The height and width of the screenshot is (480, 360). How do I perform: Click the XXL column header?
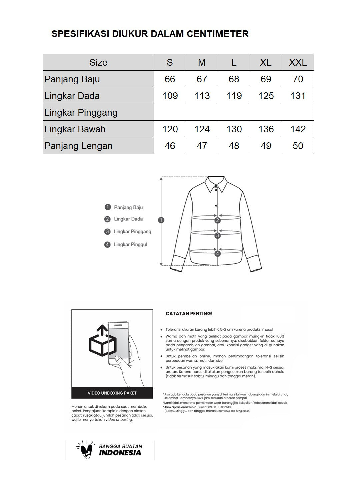pyautogui.click(x=298, y=62)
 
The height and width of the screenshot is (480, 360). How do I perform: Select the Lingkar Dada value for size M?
pyautogui.click(x=202, y=96)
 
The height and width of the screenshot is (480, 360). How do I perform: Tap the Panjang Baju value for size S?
pyautogui.click(x=170, y=79)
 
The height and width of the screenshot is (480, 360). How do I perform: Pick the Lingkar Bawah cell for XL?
pyautogui.click(x=266, y=129)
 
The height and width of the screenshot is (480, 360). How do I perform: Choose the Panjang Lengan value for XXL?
pyautogui.click(x=298, y=146)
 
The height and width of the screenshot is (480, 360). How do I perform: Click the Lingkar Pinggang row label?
pyautogui.click(x=81, y=113)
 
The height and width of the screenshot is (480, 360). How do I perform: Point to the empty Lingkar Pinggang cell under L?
pyautogui.click(x=234, y=112)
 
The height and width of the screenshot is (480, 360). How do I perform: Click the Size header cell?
pyautogui.click(x=98, y=62)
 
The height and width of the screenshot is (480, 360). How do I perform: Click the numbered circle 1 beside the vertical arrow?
pyautogui.click(x=161, y=220)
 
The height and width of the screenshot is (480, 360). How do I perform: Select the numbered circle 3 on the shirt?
pyautogui.click(x=218, y=236)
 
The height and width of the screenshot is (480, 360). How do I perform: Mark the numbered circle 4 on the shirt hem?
pyautogui.click(x=218, y=254)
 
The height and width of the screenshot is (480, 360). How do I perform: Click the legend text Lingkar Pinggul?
pyautogui.click(x=130, y=245)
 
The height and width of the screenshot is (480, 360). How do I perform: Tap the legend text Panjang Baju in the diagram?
pyautogui.click(x=128, y=207)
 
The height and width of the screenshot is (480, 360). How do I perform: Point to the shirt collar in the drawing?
pyautogui.click(x=216, y=184)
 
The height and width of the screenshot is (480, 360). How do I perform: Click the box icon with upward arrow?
pyautogui.click(x=103, y=342)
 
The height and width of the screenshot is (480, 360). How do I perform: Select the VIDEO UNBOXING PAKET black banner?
pyautogui.click(x=112, y=393)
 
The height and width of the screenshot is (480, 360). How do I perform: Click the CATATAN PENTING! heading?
pyautogui.click(x=189, y=314)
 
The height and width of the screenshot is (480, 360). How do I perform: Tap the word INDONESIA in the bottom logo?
pyautogui.click(x=120, y=453)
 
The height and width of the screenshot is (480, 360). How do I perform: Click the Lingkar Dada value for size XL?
pyautogui.click(x=266, y=96)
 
